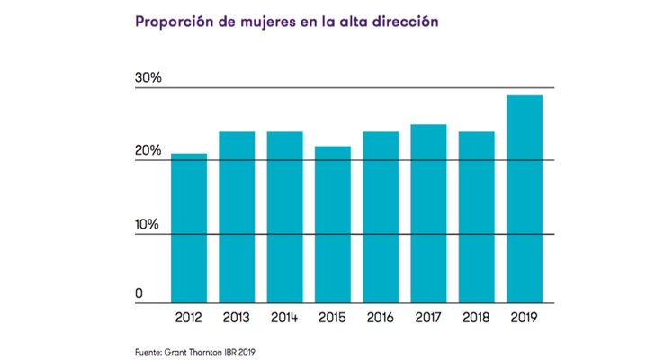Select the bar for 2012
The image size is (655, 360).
pos(189,229)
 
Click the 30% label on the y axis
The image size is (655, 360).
pos(148,78)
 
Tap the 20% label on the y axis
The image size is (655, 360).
pos(148,151)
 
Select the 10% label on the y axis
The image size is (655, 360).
pos(148,224)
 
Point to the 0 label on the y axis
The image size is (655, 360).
pos(139,294)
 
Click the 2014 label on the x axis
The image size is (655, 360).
pos(284,317)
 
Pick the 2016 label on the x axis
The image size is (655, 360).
pos(381,317)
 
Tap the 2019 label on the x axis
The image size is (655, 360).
pos(525,317)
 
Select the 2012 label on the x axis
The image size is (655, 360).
pos(189,317)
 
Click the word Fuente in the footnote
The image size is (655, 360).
pos(149,349)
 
